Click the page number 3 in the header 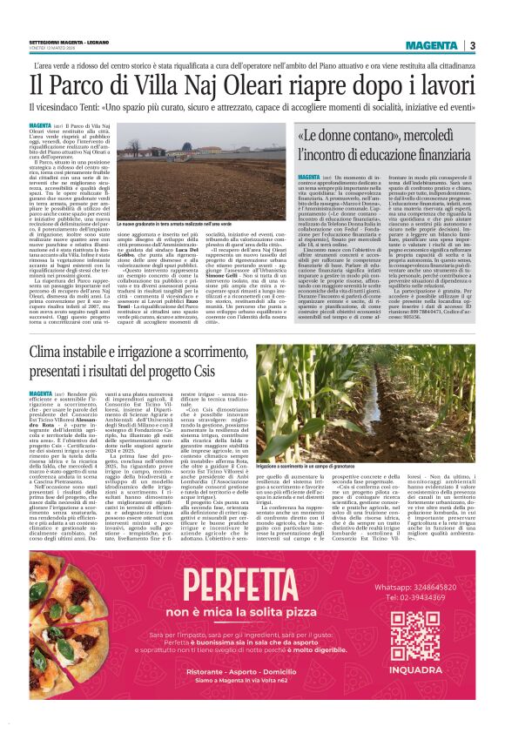(x=472, y=44)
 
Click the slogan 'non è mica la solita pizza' (x=209, y=611)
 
